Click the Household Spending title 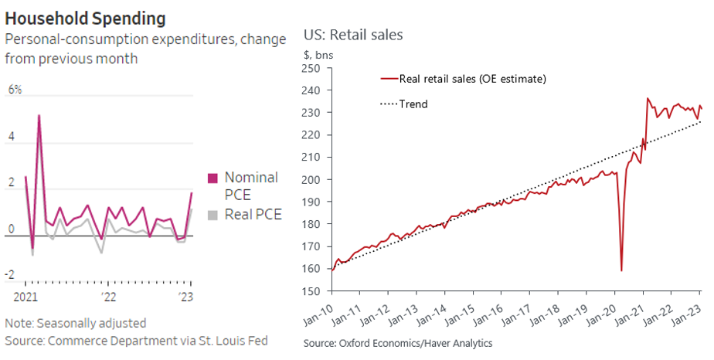[x=85, y=17]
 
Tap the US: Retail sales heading [x=353, y=35]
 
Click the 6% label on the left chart [x=15, y=90]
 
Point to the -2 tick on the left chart [x=10, y=274]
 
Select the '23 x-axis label [x=185, y=297]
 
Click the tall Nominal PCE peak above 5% [x=39, y=115]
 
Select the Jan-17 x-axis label [x=519, y=311]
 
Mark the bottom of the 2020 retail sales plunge [x=621, y=270]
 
